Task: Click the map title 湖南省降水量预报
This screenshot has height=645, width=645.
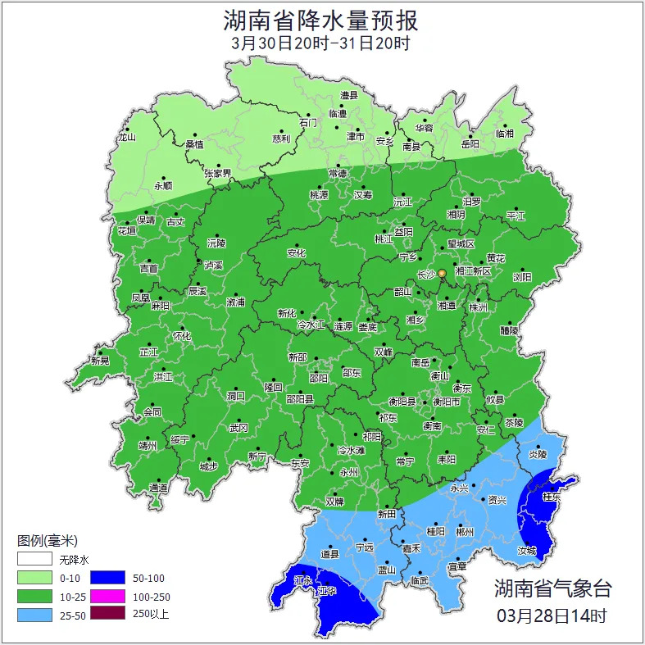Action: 321,20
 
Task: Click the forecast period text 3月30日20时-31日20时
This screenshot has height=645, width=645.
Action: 321,43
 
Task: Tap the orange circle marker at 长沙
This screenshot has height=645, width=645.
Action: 442,273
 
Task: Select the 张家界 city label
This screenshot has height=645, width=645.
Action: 218,174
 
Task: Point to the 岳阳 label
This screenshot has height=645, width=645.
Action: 470,144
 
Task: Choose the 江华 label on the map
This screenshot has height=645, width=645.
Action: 328,590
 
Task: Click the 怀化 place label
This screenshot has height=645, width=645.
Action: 181,336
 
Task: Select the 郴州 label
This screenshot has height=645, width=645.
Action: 465,531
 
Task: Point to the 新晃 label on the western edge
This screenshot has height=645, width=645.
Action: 100,361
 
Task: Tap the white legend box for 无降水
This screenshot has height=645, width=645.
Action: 34,561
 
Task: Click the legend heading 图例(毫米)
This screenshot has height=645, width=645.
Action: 48,541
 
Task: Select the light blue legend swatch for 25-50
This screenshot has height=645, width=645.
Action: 34,613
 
